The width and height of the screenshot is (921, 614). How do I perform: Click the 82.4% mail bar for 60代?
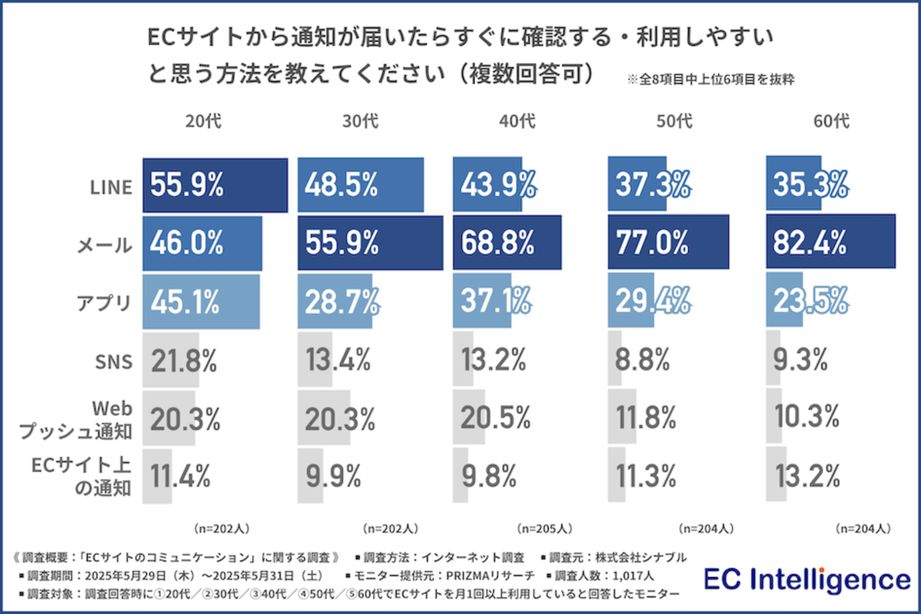coord(830,242)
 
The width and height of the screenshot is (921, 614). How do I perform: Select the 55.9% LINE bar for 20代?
coord(215,185)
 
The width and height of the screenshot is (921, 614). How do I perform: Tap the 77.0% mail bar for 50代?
coord(668,242)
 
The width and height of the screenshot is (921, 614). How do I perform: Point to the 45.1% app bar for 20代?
coord(201,302)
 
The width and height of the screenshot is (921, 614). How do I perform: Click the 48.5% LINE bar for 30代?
coord(360,185)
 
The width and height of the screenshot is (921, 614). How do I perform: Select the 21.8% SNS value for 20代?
coord(184,361)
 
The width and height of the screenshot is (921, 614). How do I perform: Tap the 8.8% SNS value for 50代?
coord(642,360)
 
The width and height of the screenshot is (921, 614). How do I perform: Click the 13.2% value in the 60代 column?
coord(807,476)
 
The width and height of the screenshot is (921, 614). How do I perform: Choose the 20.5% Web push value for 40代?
coord(495,417)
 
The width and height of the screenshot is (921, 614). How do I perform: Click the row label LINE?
coord(111,188)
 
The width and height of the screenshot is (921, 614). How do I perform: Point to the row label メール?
coord(105,245)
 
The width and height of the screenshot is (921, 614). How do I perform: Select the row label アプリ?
coord(104,303)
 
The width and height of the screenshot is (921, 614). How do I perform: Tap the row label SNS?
coord(113,362)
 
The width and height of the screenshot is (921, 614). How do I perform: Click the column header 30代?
coord(360,121)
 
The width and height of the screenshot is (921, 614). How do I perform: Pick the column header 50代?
coord(674,121)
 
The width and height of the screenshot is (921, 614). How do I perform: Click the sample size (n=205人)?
coord(545,528)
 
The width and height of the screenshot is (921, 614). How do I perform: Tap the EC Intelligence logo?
coord(807,579)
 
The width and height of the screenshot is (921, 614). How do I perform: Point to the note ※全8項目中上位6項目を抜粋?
coord(710,79)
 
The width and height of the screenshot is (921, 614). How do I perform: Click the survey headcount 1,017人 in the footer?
coord(633,575)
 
